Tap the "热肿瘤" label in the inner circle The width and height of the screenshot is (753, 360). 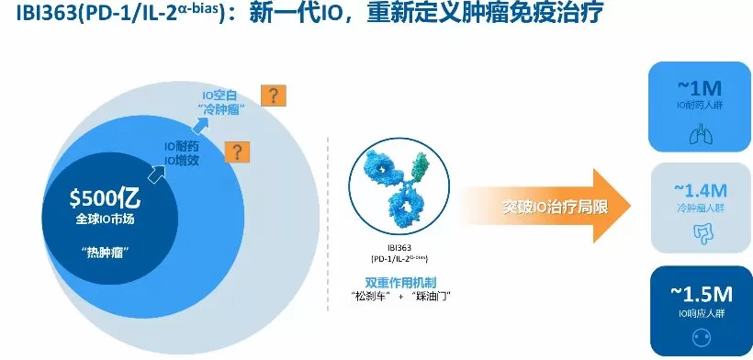[x=102, y=251]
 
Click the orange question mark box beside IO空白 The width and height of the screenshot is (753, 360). [x=274, y=95]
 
